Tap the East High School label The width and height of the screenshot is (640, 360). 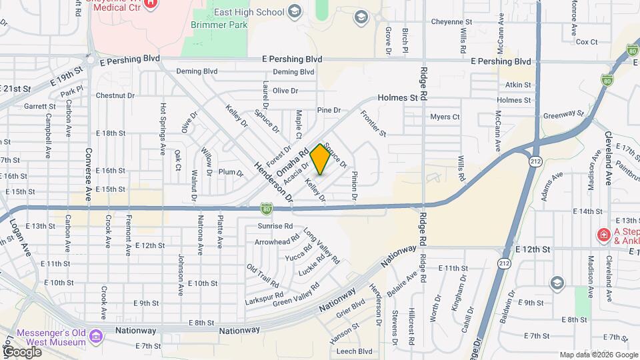258,12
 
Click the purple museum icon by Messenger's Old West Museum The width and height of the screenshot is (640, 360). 97,336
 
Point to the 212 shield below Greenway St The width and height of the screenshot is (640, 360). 535,161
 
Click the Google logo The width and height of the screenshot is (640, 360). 22,351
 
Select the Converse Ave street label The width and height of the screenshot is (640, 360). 88,174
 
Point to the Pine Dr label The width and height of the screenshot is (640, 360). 329,110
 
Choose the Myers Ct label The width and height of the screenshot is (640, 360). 445,117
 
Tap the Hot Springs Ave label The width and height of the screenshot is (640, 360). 162,129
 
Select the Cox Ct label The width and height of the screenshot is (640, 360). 587,41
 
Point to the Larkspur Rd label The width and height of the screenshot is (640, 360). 265,295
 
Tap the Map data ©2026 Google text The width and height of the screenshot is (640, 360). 598,355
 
